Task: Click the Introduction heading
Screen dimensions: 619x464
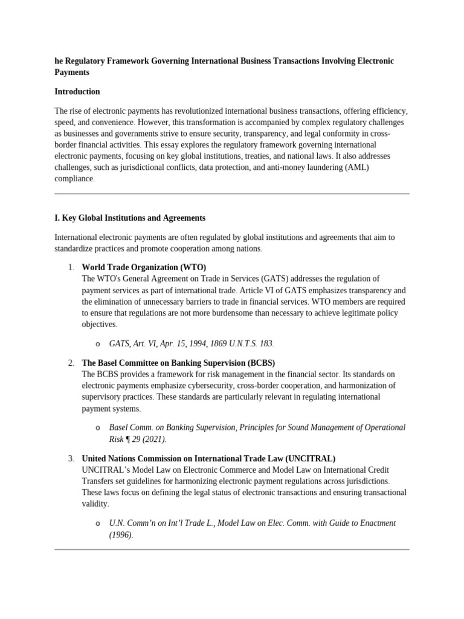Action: [x=77, y=92]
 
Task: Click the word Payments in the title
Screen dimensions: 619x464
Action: [x=72, y=73]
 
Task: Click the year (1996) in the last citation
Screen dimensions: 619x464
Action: [x=120, y=534]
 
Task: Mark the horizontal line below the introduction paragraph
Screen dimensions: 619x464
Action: [x=232, y=194]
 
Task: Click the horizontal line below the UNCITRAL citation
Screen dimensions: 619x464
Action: [x=232, y=549]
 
